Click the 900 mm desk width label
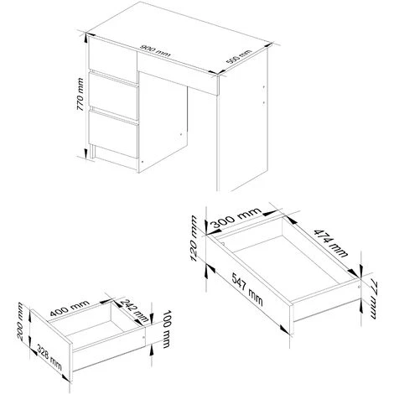coord(155,51)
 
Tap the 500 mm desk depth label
coord(239,57)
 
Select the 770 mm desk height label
coord(80,94)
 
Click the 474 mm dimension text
coord(331,243)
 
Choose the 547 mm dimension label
coord(247,289)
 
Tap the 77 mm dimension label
coord(373,300)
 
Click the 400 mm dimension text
coord(70,308)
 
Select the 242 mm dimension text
coord(136,310)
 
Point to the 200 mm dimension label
coord(20,321)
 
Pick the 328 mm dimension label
coord(49,358)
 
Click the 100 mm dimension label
coord(166,329)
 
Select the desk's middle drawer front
coord(113,96)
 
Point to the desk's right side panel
coord(242,120)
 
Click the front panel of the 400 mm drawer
coord(51,345)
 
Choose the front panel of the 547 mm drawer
coord(250,285)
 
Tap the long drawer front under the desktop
coord(178,73)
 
